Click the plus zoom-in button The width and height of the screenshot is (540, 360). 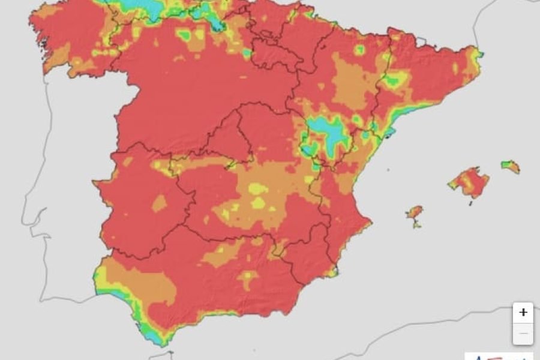[523, 313]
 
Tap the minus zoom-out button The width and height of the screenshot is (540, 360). [523, 334]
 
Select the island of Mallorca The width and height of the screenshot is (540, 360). [470, 182]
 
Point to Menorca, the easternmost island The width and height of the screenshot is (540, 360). [511, 166]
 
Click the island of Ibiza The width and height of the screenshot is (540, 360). [415, 212]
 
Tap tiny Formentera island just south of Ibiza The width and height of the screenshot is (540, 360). [416, 225]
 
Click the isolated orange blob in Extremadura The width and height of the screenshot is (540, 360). [159, 203]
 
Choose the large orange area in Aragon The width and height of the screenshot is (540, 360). [351, 84]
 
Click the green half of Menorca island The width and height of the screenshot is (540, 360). [507, 163]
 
